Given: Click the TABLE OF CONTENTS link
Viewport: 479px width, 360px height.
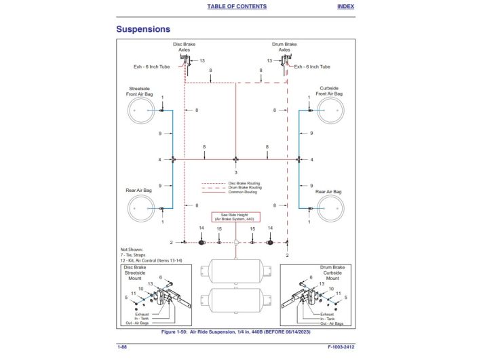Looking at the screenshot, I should (236, 6).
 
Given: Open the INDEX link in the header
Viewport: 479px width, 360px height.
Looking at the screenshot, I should (345, 6).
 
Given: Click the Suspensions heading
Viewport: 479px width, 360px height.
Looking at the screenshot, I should (142, 29).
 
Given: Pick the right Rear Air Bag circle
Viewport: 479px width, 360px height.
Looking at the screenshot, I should (329, 208).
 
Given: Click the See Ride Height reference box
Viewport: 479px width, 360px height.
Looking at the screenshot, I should (235, 217).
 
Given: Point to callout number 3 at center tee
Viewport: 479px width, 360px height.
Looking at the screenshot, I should (235, 172).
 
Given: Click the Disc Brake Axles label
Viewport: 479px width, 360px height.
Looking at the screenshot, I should (184, 47).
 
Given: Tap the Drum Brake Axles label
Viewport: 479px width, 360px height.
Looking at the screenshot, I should (284, 47).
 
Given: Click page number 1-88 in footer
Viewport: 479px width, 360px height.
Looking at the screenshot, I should (123, 346).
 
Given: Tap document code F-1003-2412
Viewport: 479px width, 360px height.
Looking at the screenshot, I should (341, 346).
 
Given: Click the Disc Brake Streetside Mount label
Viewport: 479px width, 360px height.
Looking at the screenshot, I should (135, 273).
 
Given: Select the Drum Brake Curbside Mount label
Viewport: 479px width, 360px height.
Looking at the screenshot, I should (332, 273).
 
